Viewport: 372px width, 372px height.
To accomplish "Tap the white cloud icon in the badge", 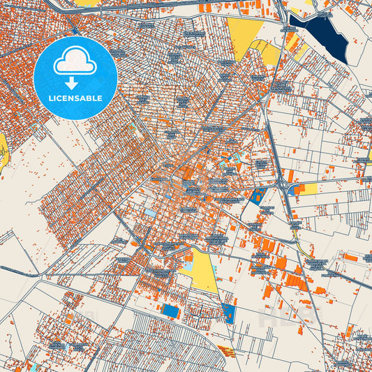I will click(x=75, y=62).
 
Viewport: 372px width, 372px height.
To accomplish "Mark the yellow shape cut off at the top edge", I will click(x=88, y=3).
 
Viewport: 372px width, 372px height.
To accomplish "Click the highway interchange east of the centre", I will click(x=285, y=183).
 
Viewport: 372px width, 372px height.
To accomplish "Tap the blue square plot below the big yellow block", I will click(x=228, y=312).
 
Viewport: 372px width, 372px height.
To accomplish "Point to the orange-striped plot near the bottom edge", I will click(x=226, y=349).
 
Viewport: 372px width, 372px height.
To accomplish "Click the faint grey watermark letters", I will click(x=279, y=318).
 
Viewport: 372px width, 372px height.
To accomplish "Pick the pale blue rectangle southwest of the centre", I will click(x=150, y=213).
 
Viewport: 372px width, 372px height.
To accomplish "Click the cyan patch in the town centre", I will click(x=228, y=170).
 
